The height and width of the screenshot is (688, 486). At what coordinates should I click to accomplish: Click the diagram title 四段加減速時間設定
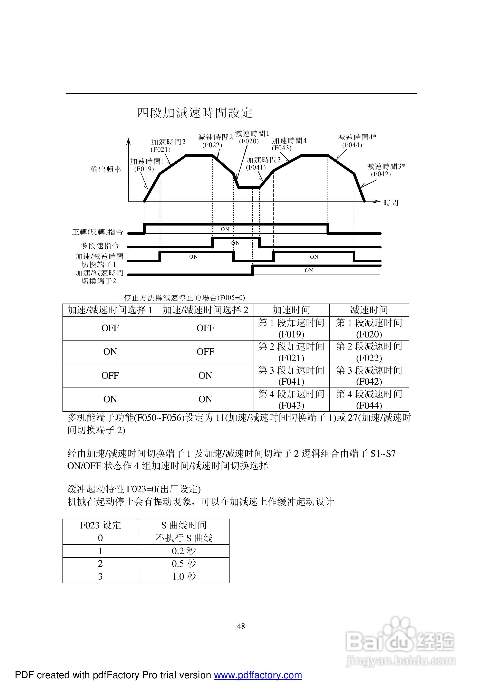coord(195,113)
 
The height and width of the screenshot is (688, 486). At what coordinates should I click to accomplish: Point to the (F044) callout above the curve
coord(352,145)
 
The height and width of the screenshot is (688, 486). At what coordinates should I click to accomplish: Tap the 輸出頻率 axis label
coord(106,170)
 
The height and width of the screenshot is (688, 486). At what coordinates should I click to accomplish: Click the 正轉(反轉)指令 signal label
coord(98,232)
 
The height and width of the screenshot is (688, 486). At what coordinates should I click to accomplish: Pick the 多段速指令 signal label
coord(100,246)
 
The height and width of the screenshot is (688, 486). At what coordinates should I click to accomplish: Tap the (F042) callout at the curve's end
coord(381,174)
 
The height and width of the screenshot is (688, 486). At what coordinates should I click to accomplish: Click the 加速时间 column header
coord(291,310)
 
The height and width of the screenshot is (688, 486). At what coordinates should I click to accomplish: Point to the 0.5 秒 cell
coord(184,564)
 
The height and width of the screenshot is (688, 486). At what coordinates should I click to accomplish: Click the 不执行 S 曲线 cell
coord(184,538)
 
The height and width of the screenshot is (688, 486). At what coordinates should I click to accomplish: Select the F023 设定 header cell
coord(100,525)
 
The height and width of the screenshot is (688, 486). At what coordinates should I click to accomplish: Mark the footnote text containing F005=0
coord(183,298)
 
